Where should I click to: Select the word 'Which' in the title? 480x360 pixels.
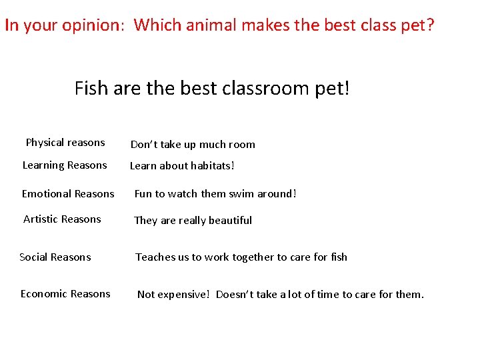(x=153, y=26)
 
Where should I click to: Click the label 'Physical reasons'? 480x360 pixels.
(x=65, y=143)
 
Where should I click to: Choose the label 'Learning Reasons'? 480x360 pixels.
(x=65, y=165)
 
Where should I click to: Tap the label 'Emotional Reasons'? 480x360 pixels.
(x=68, y=194)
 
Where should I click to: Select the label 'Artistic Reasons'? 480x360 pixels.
(x=62, y=219)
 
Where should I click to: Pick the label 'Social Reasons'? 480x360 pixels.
(x=55, y=257)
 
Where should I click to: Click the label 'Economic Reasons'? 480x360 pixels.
(x=65, y=294)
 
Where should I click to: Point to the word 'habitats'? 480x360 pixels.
(x=211, y=166)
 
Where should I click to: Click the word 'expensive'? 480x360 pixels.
(x=184, y=295)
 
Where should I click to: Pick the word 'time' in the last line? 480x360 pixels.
(x=327, y=295)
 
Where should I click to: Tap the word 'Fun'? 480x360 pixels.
(x=143, y=194)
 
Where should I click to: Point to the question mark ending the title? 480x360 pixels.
(x=430, y=26)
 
